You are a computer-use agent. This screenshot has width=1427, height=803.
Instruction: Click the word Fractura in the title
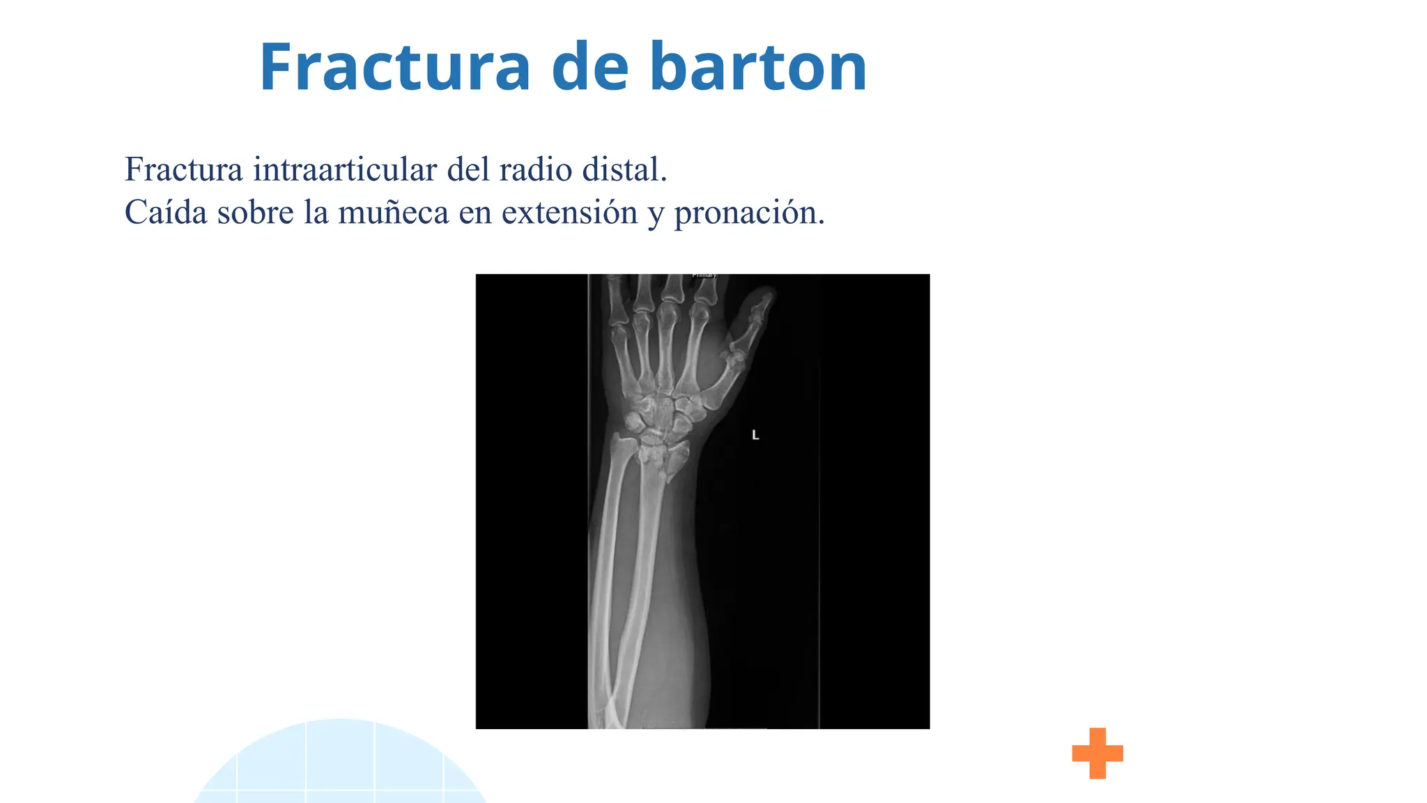pos(394,68)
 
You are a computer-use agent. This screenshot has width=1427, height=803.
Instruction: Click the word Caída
pos(166,212)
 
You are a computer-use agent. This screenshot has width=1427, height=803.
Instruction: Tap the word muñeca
pos(393,212)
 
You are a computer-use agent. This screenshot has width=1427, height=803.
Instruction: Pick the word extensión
pos(569,212)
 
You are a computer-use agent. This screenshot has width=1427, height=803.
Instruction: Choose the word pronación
pos(749,212)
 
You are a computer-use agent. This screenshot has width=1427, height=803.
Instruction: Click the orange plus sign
pos(1097,753)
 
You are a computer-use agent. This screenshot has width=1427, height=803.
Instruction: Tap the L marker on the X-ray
pos(755,435)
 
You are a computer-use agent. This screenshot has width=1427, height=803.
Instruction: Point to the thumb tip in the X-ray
pos(767,296)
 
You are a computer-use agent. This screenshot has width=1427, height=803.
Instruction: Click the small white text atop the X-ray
pos(704,276)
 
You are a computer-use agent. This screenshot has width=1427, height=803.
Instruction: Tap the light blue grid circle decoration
pos(340,767)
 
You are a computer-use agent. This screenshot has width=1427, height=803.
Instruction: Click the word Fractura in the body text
pos(184,169)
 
